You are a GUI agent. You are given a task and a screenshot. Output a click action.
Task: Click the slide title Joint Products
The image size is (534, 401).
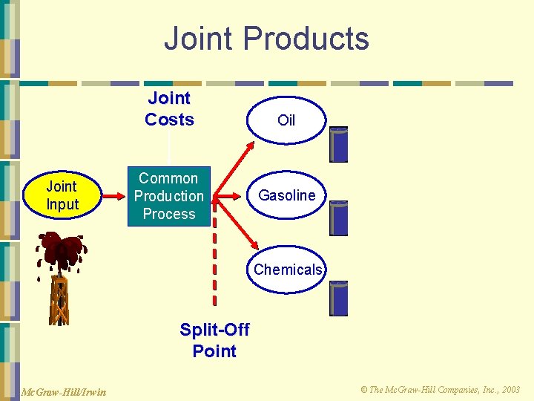(266, 39)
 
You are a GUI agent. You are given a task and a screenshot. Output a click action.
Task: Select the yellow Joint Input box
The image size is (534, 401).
(62, 196)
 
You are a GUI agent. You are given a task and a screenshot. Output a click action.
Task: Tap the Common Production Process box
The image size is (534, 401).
(168, 196)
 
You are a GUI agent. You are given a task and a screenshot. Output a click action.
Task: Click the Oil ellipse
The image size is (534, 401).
(286, 120)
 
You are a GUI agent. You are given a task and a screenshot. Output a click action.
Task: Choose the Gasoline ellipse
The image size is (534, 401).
(286, 195)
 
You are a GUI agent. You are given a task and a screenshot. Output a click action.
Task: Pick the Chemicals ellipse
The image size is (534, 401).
(288, 270)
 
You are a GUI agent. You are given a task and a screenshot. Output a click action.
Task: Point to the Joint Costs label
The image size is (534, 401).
(169, 109)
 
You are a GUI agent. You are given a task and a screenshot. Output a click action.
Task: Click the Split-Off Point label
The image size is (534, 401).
(214, 340)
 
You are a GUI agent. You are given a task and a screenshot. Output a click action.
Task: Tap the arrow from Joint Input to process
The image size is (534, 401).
(114, 197)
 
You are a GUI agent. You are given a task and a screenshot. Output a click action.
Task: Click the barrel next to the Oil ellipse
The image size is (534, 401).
(339, 145)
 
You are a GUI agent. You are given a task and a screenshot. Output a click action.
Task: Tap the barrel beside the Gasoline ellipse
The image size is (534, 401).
(339, 218)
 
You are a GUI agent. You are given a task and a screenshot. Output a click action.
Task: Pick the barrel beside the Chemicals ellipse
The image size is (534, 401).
(339, 299)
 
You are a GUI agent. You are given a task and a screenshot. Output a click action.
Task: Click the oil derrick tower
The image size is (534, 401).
(59, 301)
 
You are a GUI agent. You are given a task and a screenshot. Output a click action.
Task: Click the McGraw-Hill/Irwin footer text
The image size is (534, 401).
(63, 391)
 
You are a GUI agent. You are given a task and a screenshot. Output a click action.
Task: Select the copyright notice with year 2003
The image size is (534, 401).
(440, 390)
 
